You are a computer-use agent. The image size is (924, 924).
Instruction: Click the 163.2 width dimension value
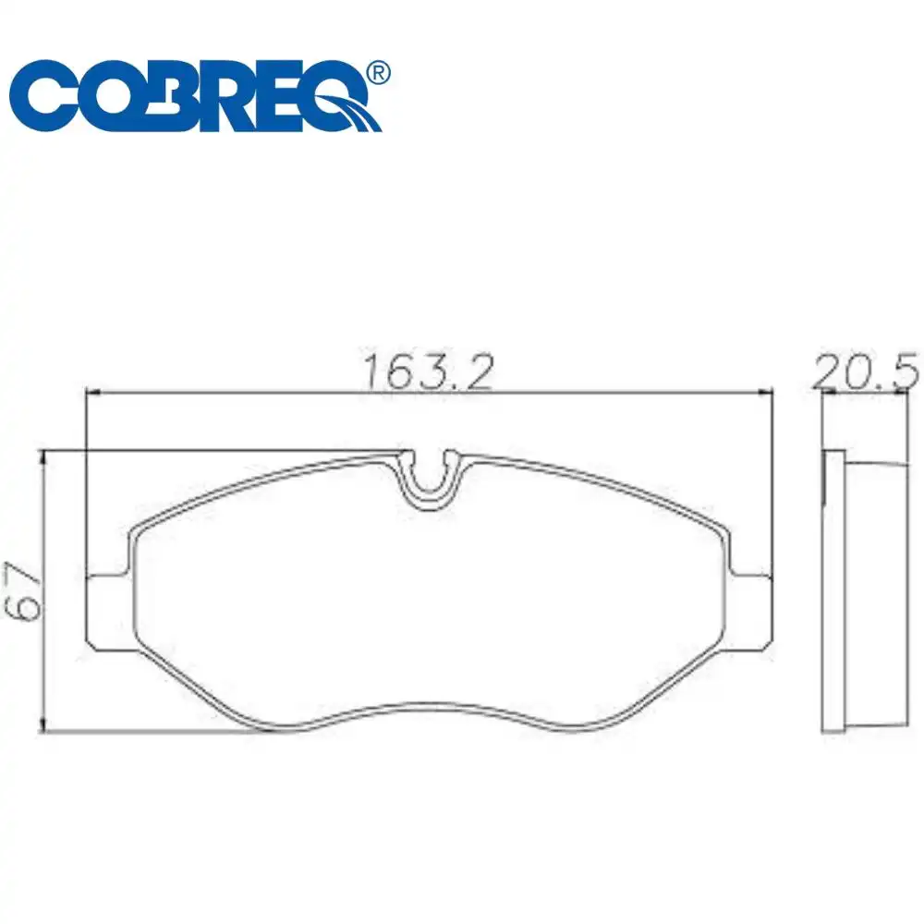point(429,371)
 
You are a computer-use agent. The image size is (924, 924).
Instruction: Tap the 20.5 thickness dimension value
point(865,371)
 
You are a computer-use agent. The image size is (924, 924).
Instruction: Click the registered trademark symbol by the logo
point(378,72)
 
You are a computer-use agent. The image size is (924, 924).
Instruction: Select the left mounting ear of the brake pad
point(110,613)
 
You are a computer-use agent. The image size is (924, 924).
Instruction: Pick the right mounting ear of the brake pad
point(749,613)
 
